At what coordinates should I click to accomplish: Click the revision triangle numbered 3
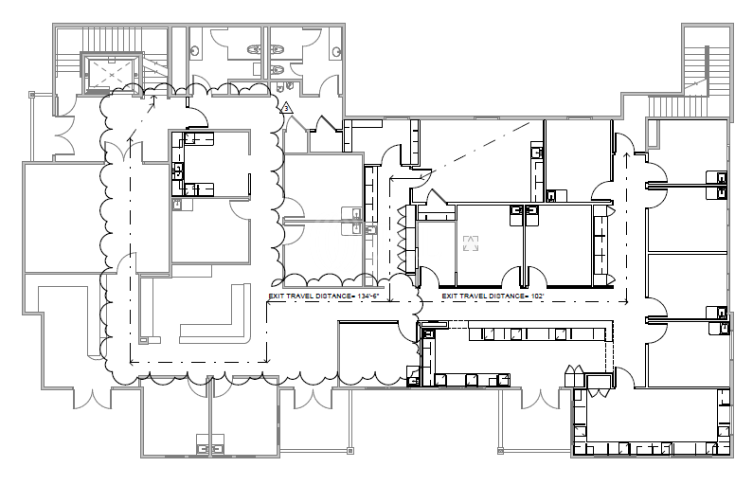pyautogui.click(x=287, y=109)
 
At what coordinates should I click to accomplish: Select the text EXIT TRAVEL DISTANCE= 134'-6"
pyautogui.click(x=324, y=296)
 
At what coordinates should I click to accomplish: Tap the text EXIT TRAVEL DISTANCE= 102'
pyautogui.click(x=493, y=296)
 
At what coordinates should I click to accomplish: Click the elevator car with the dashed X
pyautogui.click(x=112, y=74)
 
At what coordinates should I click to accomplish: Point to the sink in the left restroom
pyautogui.click(x=195, y=50)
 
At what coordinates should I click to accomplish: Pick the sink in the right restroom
pyautogui.click(x=335, y=50)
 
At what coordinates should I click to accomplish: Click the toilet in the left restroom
pyautogui.click(x=253, y=49)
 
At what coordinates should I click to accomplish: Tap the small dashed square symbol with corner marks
pyautogui.click(x=471, y=243)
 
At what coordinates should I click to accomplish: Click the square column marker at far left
pyautogui.click(x=32, y=95)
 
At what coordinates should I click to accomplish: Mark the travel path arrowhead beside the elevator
pyautogui.click(x=154, y=99)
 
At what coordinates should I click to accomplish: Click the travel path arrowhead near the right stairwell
pyautogui.click(x=626, y=155)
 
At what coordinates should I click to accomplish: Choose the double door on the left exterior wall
pyautogui.click(x=63, y=135)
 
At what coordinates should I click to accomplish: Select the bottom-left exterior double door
pyautogui.click(x=92, y=399)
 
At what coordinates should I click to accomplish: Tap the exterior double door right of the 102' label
pyautogui.click(x=540, y=399)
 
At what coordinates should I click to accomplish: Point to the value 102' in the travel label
pyautogui.click(x=536, y=296)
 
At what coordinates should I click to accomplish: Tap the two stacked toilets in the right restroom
pyautogui.click(x=278, y=60)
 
